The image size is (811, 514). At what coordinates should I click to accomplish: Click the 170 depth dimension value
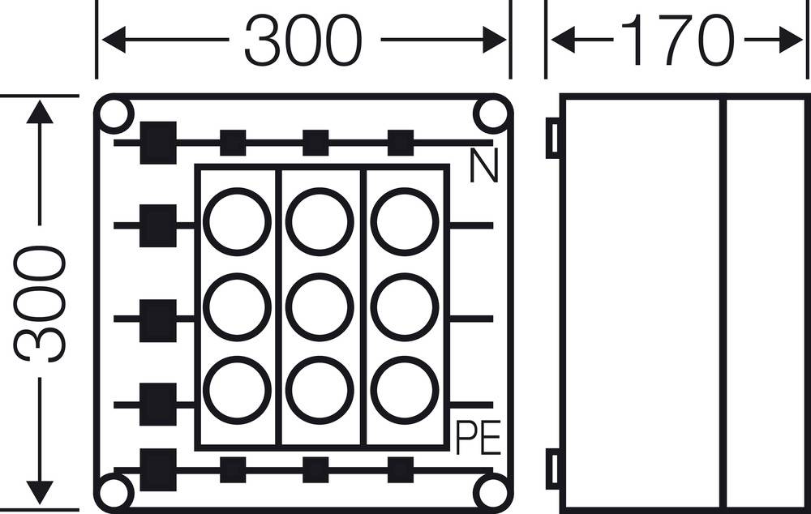click(677, 41)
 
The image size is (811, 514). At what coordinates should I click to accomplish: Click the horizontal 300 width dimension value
click(303, 41)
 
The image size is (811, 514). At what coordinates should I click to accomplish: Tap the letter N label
click(483, 168)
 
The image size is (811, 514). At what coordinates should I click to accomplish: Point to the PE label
click(478, 439)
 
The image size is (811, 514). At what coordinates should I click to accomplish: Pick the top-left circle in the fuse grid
click(236, 221)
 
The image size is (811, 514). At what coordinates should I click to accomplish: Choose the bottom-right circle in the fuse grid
click(405, 390)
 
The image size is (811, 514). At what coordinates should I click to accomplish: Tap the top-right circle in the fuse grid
click(405, 221)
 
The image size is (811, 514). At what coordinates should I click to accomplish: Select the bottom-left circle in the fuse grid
click(236, 390)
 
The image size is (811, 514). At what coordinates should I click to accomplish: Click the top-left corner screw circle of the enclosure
click(115, 115)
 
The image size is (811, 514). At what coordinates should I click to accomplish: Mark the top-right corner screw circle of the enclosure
click(491, 115)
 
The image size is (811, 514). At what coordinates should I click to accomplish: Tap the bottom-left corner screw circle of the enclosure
click(115, 492)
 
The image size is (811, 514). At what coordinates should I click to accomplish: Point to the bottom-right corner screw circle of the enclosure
click(491, 492)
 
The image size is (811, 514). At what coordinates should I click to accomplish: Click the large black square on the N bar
click(157, 142)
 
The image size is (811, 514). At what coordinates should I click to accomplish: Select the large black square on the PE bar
click(157, 469)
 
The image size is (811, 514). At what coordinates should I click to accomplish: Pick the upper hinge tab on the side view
click(552, 138)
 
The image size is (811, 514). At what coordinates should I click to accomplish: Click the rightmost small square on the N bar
click(400, 142)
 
